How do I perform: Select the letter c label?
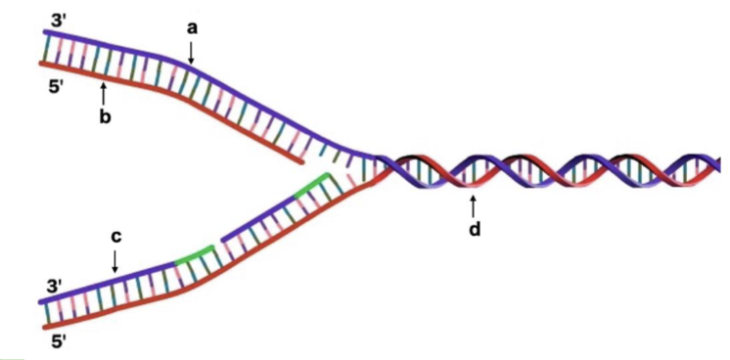(x=115, y=236)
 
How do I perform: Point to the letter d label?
(x=474, y=230)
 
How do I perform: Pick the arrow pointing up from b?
(x=104, y=94)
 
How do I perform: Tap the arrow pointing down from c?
(x=115, y=261)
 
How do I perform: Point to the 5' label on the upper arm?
(x=60, y=85)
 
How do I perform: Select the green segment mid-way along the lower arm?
(x=192, y=257)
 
